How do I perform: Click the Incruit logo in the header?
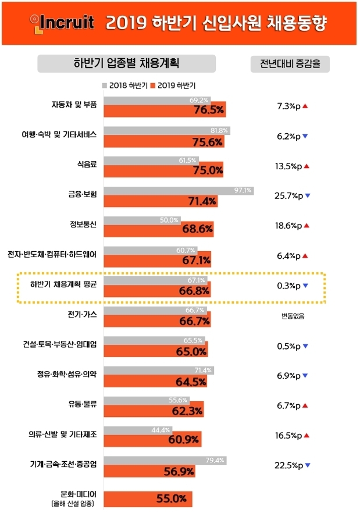(63, 23)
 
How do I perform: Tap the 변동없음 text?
(291, 316)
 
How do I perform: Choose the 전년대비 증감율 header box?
(290, 64)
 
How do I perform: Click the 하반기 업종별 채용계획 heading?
(126, 63)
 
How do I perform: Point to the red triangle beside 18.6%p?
(307, 226)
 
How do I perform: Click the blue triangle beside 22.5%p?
(307, 465)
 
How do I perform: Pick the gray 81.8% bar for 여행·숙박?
(167, 130)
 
